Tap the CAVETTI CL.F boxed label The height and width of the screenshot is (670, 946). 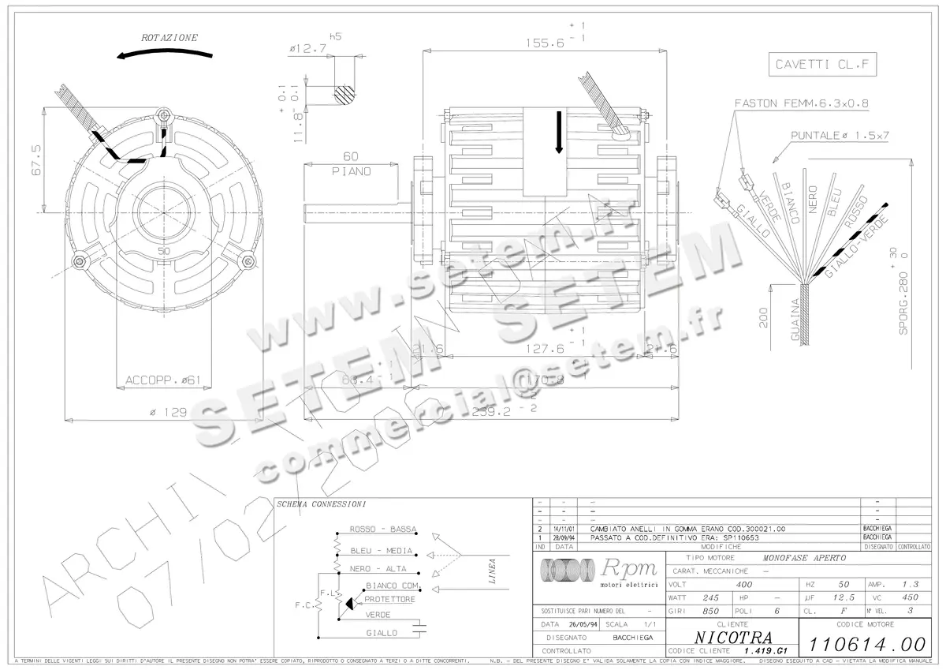[x=822, y=66]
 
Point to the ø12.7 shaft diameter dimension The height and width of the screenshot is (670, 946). [x=307, y=49]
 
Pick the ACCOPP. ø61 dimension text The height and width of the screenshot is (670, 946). [x=164, y=380]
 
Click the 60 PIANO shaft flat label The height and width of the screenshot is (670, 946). [x=351, y=163]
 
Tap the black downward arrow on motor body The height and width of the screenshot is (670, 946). [x=559, y=131]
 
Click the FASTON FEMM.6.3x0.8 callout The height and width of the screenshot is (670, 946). [x=803, y=103]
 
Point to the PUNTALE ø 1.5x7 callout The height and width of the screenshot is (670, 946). [x=840, y=135]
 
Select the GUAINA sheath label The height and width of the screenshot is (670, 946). [x=795, y=320]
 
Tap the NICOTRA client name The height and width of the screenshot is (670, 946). [x=733, y=636]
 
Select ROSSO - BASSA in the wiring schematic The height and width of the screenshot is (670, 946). [x=382, y=530]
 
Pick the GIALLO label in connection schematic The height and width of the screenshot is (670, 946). [x=382, y=633]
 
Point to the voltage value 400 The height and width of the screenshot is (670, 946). [x=743, y=585]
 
